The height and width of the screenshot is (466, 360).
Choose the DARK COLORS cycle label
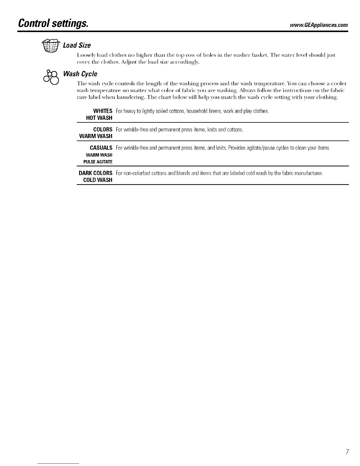(x=96, y=173)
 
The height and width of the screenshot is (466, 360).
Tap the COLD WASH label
(x=98, y=180)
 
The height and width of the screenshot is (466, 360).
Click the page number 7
(x=347, y=452)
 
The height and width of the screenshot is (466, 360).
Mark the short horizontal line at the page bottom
(x=59, y=463)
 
